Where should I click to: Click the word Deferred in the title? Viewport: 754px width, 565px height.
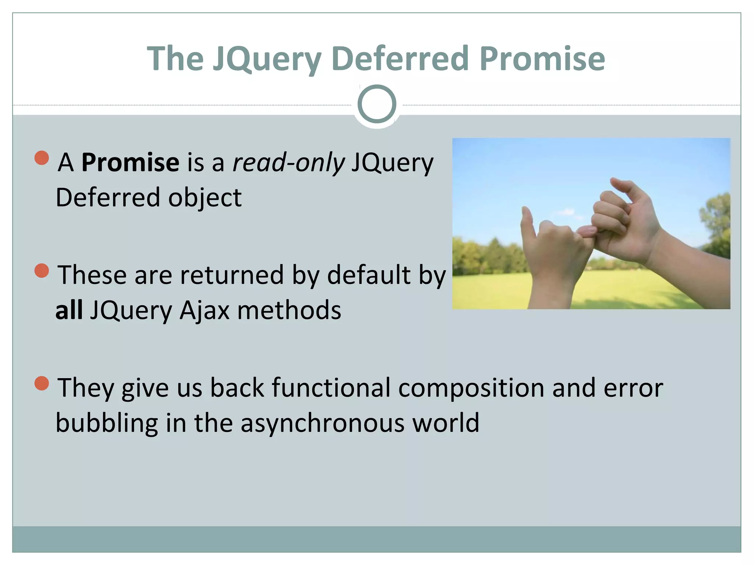click(x=401, y=59)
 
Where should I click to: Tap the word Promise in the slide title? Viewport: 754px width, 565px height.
click(x=542, y=59)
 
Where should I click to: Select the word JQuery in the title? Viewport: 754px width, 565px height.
click(x=268, y=59)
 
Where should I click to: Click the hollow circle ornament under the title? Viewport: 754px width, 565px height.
click(x=377, y=104)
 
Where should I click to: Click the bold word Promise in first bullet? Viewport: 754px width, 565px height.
click(x=130, y=162)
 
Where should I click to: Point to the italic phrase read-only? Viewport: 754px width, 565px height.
click(x=289, y=162)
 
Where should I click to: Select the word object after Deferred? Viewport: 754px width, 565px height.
click(x=205, y=198)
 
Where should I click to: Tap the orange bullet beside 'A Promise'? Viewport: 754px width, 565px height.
click(x=42, y=158)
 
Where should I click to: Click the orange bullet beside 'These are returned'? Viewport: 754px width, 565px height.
click(x=42, y=271)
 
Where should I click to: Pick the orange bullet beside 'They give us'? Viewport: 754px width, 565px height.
click(x=42, y=383)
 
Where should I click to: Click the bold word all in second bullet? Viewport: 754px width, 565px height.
click(x=69, y=310)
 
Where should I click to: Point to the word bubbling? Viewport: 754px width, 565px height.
click(x=107, y=423)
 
